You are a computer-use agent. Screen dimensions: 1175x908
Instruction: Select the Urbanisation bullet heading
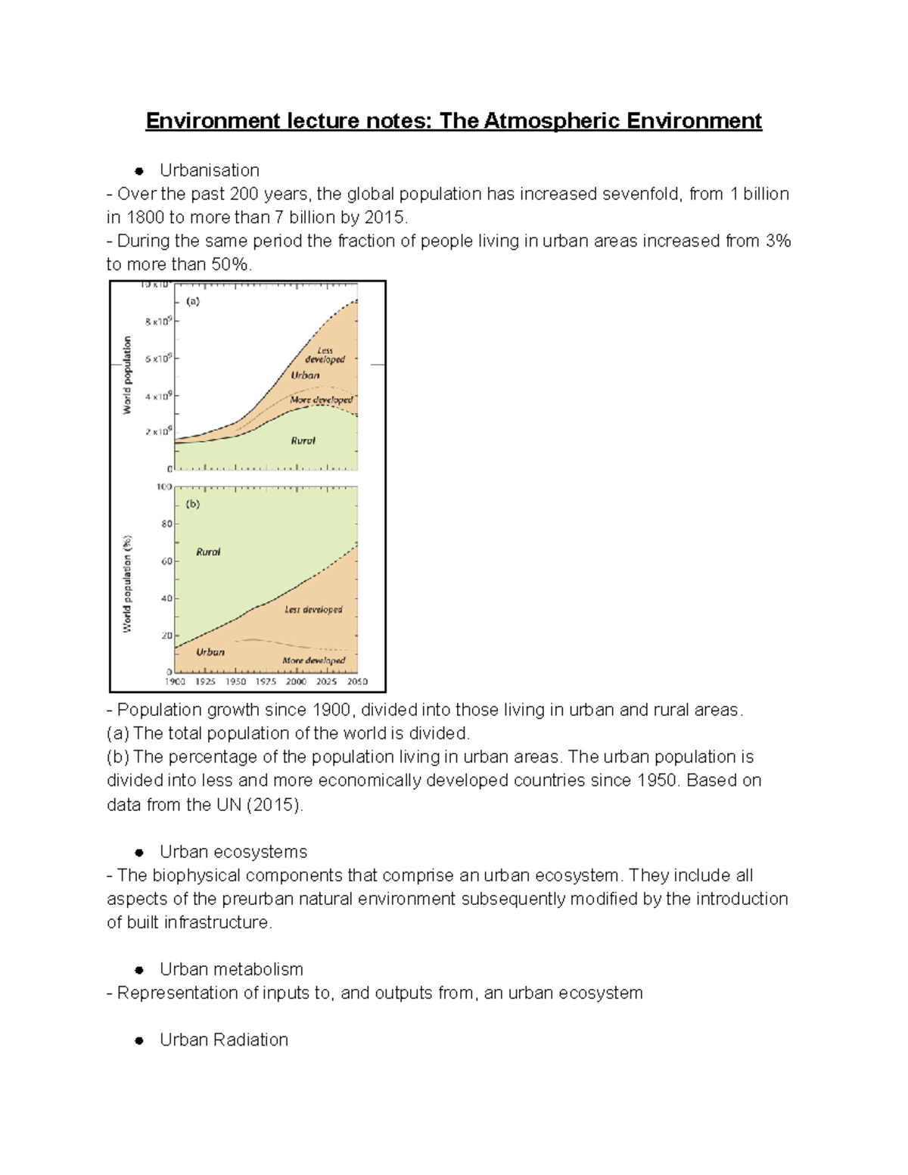(209, 170)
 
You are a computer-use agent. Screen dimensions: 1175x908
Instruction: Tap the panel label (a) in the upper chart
(193, 301)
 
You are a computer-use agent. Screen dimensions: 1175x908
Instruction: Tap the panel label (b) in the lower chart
(193, 504)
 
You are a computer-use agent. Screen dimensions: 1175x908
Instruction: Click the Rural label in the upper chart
(303, 440)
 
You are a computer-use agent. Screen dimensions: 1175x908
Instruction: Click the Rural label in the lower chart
(208, 552)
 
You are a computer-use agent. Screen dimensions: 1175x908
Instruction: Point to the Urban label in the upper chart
(305, 375)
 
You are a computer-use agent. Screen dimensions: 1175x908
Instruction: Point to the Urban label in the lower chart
(210, 651)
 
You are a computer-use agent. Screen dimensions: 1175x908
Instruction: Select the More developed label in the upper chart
(321, 399)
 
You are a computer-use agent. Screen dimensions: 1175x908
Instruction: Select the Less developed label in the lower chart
(313, 609)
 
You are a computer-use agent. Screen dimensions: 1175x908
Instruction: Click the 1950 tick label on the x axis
(235, 682)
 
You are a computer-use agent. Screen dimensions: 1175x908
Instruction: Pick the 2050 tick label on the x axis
(356, 682)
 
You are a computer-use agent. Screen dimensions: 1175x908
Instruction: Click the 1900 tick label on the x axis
(175, 682)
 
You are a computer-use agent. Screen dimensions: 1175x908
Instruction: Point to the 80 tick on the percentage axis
(166, 524)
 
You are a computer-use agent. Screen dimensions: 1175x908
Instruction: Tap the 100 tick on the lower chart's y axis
(164, 486)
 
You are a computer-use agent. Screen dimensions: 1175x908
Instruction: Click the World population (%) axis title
(128, 583)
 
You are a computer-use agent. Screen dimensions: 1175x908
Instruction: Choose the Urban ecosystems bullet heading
(233, 852)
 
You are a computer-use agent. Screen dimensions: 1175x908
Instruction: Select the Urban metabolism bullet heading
(231, 969)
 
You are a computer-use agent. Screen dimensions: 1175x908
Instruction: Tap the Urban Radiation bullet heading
(223, 1040)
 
